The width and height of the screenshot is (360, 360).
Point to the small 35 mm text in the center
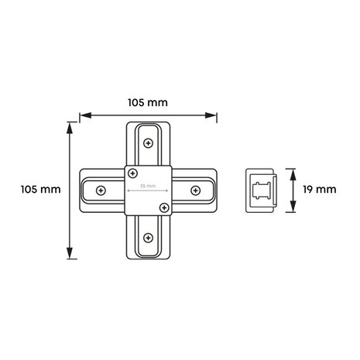[147, 187]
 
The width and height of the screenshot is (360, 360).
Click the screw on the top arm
[147, 142]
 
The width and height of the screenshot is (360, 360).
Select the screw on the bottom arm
[147, 238]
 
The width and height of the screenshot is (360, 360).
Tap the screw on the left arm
[100, 190]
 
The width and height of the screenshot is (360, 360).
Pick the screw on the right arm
[195, 190]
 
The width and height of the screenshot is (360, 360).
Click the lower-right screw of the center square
[163, 207]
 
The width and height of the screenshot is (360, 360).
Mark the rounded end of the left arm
[83, 190]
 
